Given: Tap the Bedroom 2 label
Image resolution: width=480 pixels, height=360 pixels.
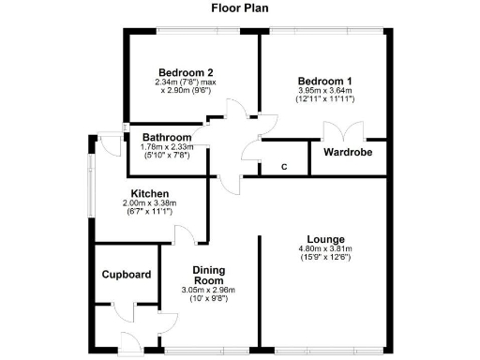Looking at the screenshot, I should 186,72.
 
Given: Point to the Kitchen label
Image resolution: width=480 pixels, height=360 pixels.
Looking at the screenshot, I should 150,194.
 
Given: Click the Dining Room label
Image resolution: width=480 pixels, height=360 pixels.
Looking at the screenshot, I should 211,274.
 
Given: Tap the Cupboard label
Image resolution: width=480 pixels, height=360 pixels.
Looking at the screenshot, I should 127,275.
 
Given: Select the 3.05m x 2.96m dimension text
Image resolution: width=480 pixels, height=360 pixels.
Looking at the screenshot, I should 211,290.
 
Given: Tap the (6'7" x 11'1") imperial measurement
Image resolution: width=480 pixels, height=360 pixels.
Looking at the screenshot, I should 150,213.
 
